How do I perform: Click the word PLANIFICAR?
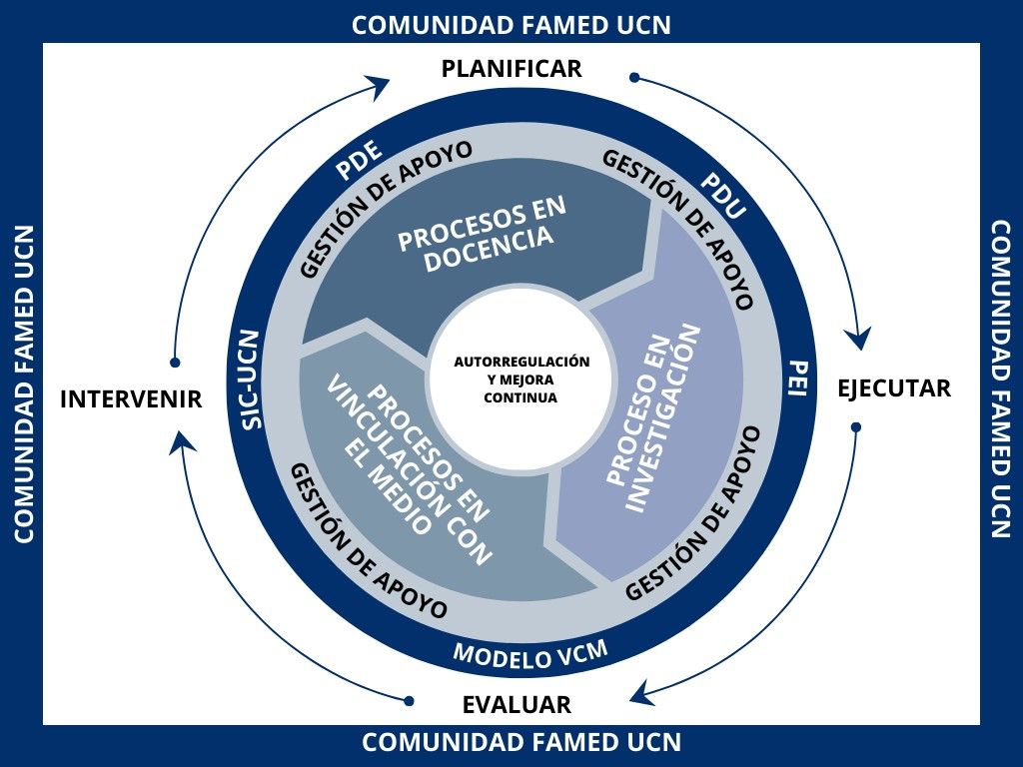pos(511,69)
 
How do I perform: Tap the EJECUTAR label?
pos(894,388)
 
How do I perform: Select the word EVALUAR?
pos(516,705)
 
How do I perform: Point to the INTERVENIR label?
pos(131,399)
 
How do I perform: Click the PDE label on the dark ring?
pos(358,162)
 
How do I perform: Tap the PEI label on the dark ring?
pos(796,378)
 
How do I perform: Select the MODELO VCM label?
pos(530,654)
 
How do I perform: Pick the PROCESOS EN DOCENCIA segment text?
pos(483,231)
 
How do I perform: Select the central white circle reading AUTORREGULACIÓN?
pos(520,379)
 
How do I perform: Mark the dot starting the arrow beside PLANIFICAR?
pos(633,77)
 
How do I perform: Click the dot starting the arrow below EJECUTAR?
pos(855,427)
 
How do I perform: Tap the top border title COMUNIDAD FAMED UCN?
pos(511,25)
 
